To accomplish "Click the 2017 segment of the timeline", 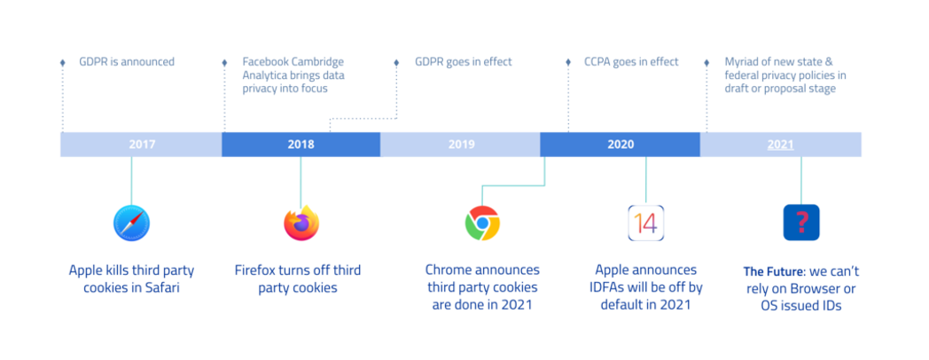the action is (141, 145).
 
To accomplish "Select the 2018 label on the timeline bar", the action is (301, 145).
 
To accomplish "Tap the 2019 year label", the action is (461, 145).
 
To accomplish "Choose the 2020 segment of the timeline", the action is (621, 145).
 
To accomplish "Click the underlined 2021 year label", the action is (780, 145).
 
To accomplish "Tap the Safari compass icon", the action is (131, 223).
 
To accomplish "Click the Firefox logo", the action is (301, 223).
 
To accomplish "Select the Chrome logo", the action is (482, 223).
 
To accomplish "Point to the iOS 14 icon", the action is (646, 223).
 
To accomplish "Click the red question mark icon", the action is (801, 223).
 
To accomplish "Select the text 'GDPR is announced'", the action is (127, 62).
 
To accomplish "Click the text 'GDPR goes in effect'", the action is (464, 62).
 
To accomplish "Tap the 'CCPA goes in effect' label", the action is (631, 62).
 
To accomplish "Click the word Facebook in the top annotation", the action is (267, 62).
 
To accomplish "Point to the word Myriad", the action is (742, 62).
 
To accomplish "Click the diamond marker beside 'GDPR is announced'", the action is (62, 62).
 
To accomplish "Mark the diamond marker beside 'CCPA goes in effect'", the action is (568, 62).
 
